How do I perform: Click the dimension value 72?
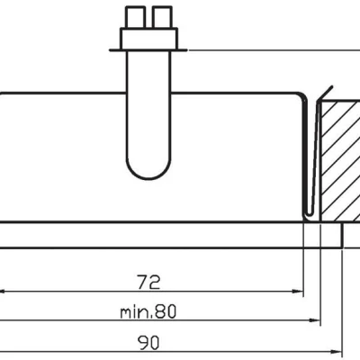click(x=149, y=282)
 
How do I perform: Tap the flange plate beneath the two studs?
click(x=148, y=38)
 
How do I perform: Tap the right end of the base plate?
click(x=341, y=235)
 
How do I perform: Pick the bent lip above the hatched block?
click(x=327, y=94)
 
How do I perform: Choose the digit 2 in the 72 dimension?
click(x=156, y=282)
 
